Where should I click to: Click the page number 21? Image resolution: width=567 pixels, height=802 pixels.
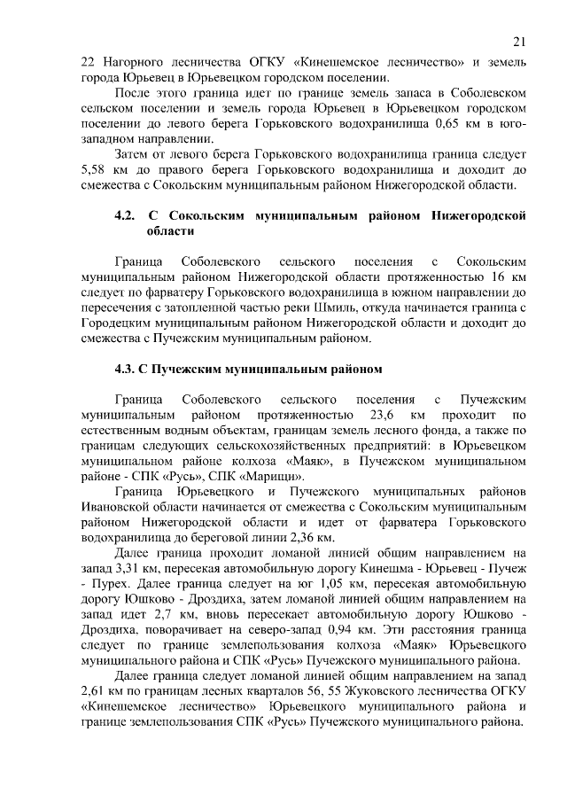[x=520, y=40]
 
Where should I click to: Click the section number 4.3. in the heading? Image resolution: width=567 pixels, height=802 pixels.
[x=128, y=369]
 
